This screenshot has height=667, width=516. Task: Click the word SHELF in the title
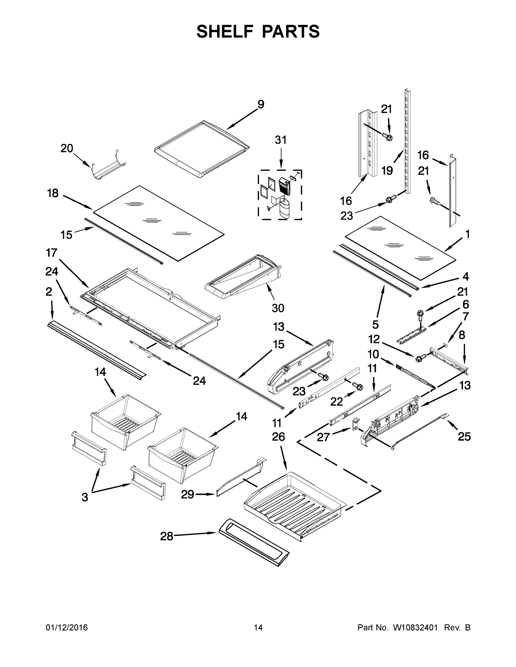(x=225, y=31)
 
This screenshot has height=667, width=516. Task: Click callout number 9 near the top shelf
(x=260, y=104)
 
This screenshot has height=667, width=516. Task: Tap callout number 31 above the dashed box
(x=281, y=140)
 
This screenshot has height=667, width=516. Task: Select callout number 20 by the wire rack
(x=67, y=148)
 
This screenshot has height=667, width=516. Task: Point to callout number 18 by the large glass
(x=53, y=193)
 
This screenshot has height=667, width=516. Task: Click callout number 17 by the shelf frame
(x=52, y=253)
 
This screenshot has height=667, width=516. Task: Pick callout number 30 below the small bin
(x=278, y=308)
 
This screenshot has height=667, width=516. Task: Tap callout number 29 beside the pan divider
(x=187, y=494)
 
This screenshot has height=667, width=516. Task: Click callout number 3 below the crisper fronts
(x=85, y=497)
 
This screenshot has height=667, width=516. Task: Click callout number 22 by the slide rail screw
(x=337, y=402)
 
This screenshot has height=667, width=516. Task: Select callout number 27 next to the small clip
(x=323, y=437)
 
